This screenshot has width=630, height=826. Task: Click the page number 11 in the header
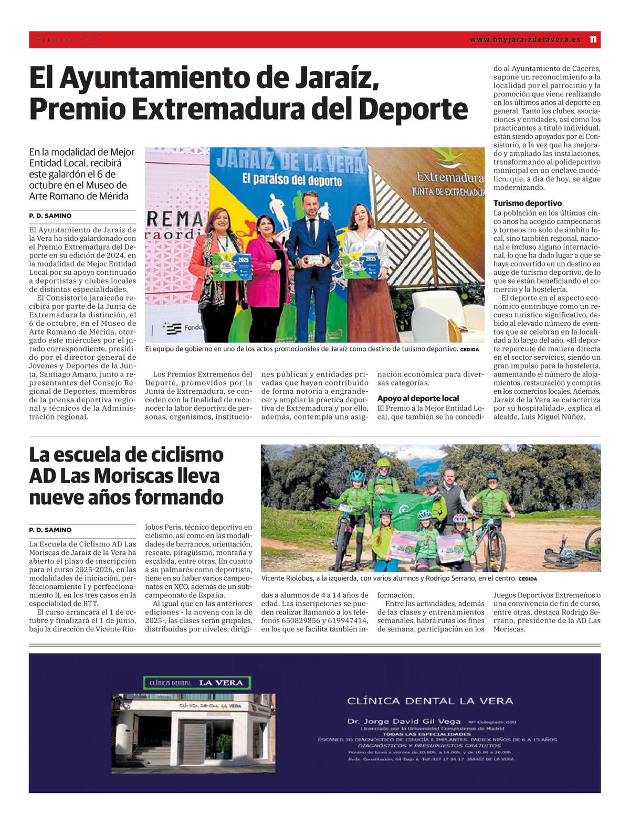[593, 39]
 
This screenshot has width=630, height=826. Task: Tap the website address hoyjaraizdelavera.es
[525, 39]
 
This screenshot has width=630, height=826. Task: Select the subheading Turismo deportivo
[527, 203]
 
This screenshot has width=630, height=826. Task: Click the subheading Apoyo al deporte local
[418, 398]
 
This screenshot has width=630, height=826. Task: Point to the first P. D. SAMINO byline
[50, 216]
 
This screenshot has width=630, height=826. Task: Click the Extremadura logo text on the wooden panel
[449, 177]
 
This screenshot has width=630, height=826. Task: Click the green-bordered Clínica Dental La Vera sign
[197, 683]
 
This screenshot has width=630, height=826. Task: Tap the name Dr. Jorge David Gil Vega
[404, 721]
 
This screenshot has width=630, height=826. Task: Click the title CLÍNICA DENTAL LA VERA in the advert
[430, 701]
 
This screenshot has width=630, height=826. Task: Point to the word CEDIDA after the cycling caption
[528, 579]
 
